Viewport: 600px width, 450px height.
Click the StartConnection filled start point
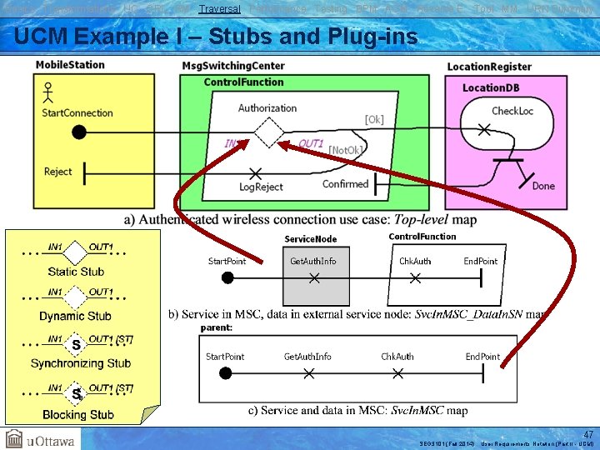tap(79, 132)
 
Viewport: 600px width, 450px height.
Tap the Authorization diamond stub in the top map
tap(268, 132)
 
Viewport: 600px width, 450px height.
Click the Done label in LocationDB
tap(542, 186)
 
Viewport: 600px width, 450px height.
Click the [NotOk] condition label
tap(346, 150)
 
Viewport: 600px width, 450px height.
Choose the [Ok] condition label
tap(374, 119)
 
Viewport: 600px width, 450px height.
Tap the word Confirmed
tap(345, 184)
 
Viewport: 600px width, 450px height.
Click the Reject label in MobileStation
tap(57, 172)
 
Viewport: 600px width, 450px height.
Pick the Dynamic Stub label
tap(75, 316)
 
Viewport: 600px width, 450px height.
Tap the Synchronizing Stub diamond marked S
tap(76, 344)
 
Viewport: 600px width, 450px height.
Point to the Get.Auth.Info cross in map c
tap(308, 374)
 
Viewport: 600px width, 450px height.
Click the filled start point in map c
tap(227, 374)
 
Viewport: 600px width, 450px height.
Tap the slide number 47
tap(588, 434)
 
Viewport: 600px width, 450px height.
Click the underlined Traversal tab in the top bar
tap(220, 8)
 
